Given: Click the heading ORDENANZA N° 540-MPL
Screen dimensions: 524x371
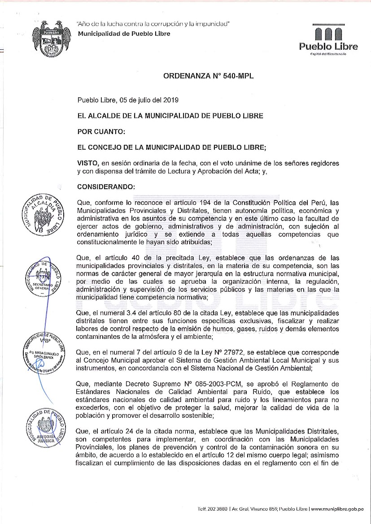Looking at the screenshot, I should (209, 76).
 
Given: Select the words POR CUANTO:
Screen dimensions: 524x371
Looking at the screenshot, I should (101, 131).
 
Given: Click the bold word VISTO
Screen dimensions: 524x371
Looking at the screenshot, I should (87, 163).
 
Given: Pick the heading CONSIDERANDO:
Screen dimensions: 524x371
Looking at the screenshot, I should (106, 186).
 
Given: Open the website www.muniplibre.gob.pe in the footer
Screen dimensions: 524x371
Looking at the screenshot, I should (337, 509).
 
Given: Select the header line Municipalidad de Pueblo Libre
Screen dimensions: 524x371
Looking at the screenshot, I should (124, 34).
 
